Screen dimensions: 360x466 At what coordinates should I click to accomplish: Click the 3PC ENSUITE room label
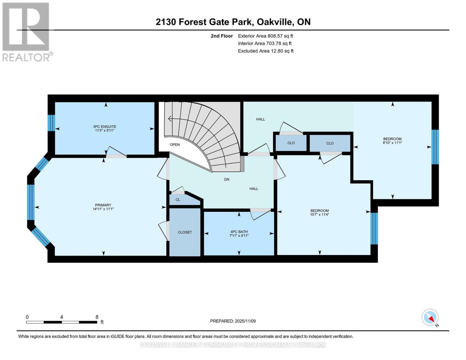point(104,127)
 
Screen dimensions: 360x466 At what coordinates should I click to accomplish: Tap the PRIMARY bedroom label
point(103,205)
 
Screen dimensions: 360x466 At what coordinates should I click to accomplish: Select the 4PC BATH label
point(239,232)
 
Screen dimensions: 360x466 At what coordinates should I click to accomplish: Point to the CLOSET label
point(185,232)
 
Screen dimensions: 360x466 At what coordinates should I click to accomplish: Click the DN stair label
point(227,179)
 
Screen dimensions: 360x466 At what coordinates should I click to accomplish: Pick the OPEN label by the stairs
point(175,145)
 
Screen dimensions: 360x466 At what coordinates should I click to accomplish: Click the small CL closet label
point(178,200)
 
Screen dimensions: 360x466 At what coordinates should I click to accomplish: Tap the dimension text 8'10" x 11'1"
point(392,143)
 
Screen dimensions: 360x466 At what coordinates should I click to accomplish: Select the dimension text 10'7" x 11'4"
point(320,214)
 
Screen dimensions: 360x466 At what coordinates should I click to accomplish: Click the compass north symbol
point(430,318)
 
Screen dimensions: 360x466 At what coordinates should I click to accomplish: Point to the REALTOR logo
point(26,31)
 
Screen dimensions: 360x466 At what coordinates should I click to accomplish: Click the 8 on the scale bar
point(97,317)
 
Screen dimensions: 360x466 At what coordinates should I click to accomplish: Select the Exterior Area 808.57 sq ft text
point(265,36)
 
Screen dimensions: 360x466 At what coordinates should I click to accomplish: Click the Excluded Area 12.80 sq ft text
point(266,51)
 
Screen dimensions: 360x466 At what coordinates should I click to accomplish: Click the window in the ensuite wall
point(51,123)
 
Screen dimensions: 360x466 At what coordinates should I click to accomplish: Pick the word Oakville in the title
point(275,22)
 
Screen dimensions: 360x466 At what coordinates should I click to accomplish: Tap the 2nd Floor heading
point(222,36)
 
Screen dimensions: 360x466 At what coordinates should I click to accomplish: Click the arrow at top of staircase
point(170,119)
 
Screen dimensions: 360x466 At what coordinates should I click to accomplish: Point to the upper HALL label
point(260,119)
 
